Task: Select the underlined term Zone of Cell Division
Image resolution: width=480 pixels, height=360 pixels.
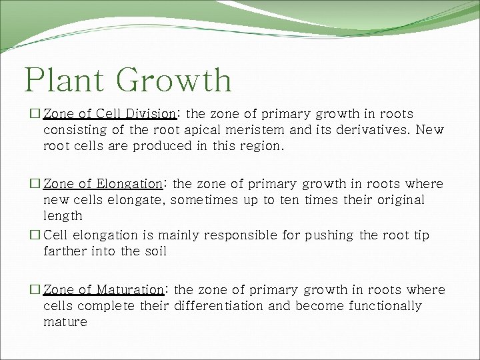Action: tap(109, 114)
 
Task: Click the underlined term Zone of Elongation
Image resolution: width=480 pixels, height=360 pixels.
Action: tap(103, 183)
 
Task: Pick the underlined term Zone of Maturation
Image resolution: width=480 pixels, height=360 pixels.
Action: tap(103, 290)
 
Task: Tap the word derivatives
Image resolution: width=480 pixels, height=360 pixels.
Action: tap(371, 130)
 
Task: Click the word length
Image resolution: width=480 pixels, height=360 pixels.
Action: tap(63, 215)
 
